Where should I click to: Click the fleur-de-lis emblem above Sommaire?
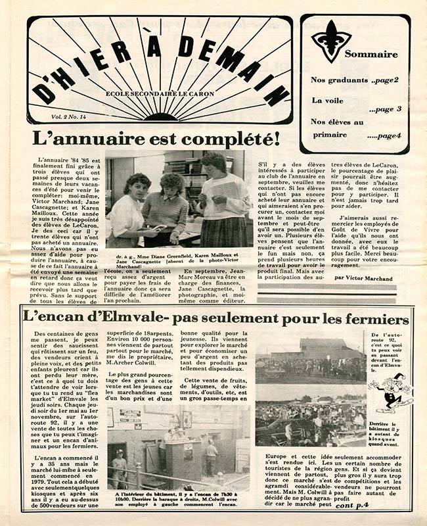tap(331, 40)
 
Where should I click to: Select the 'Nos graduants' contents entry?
tap(340, 80)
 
